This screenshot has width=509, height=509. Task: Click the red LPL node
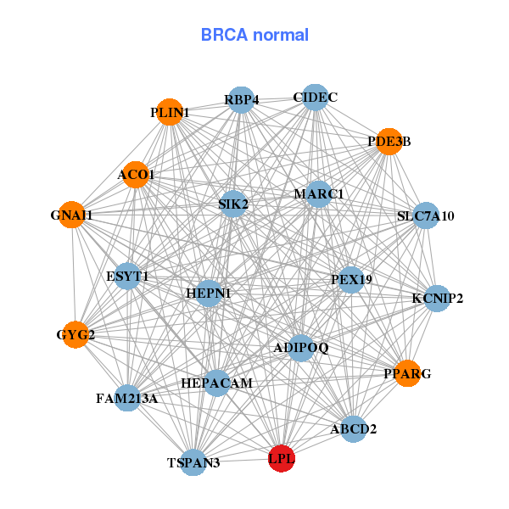[x=282, y=459]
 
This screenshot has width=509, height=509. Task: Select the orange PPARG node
[x=407, y=373]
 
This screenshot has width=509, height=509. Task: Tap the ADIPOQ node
[x=301, y=348]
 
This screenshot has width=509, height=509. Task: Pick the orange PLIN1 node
[x=170, y=112]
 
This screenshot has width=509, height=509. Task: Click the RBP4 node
[x=242, y=100]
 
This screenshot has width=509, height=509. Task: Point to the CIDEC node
[x=315, y=98]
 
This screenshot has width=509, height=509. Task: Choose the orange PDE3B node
[x=389, y=142]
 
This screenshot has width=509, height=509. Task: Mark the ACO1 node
[x=136, y=176]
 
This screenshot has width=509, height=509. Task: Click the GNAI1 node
[x=72, y=215]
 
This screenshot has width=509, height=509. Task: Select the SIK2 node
[x=233, y=204]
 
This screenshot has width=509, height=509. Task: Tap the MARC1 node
[x=319, y=194]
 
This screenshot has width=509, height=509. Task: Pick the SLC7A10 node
[x=426, y=216]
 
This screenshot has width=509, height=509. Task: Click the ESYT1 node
[x=127, y=277]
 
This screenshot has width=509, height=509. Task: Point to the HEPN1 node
[x=209, y=294]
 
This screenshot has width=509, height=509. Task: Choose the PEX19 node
[x=351, y=279]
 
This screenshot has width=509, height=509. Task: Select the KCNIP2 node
[x=437, y=299]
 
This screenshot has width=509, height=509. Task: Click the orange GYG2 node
[x=76, y=334]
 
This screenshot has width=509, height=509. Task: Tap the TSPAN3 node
[x=193, y=462]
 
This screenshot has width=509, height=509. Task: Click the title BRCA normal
[x=255, y=36]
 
